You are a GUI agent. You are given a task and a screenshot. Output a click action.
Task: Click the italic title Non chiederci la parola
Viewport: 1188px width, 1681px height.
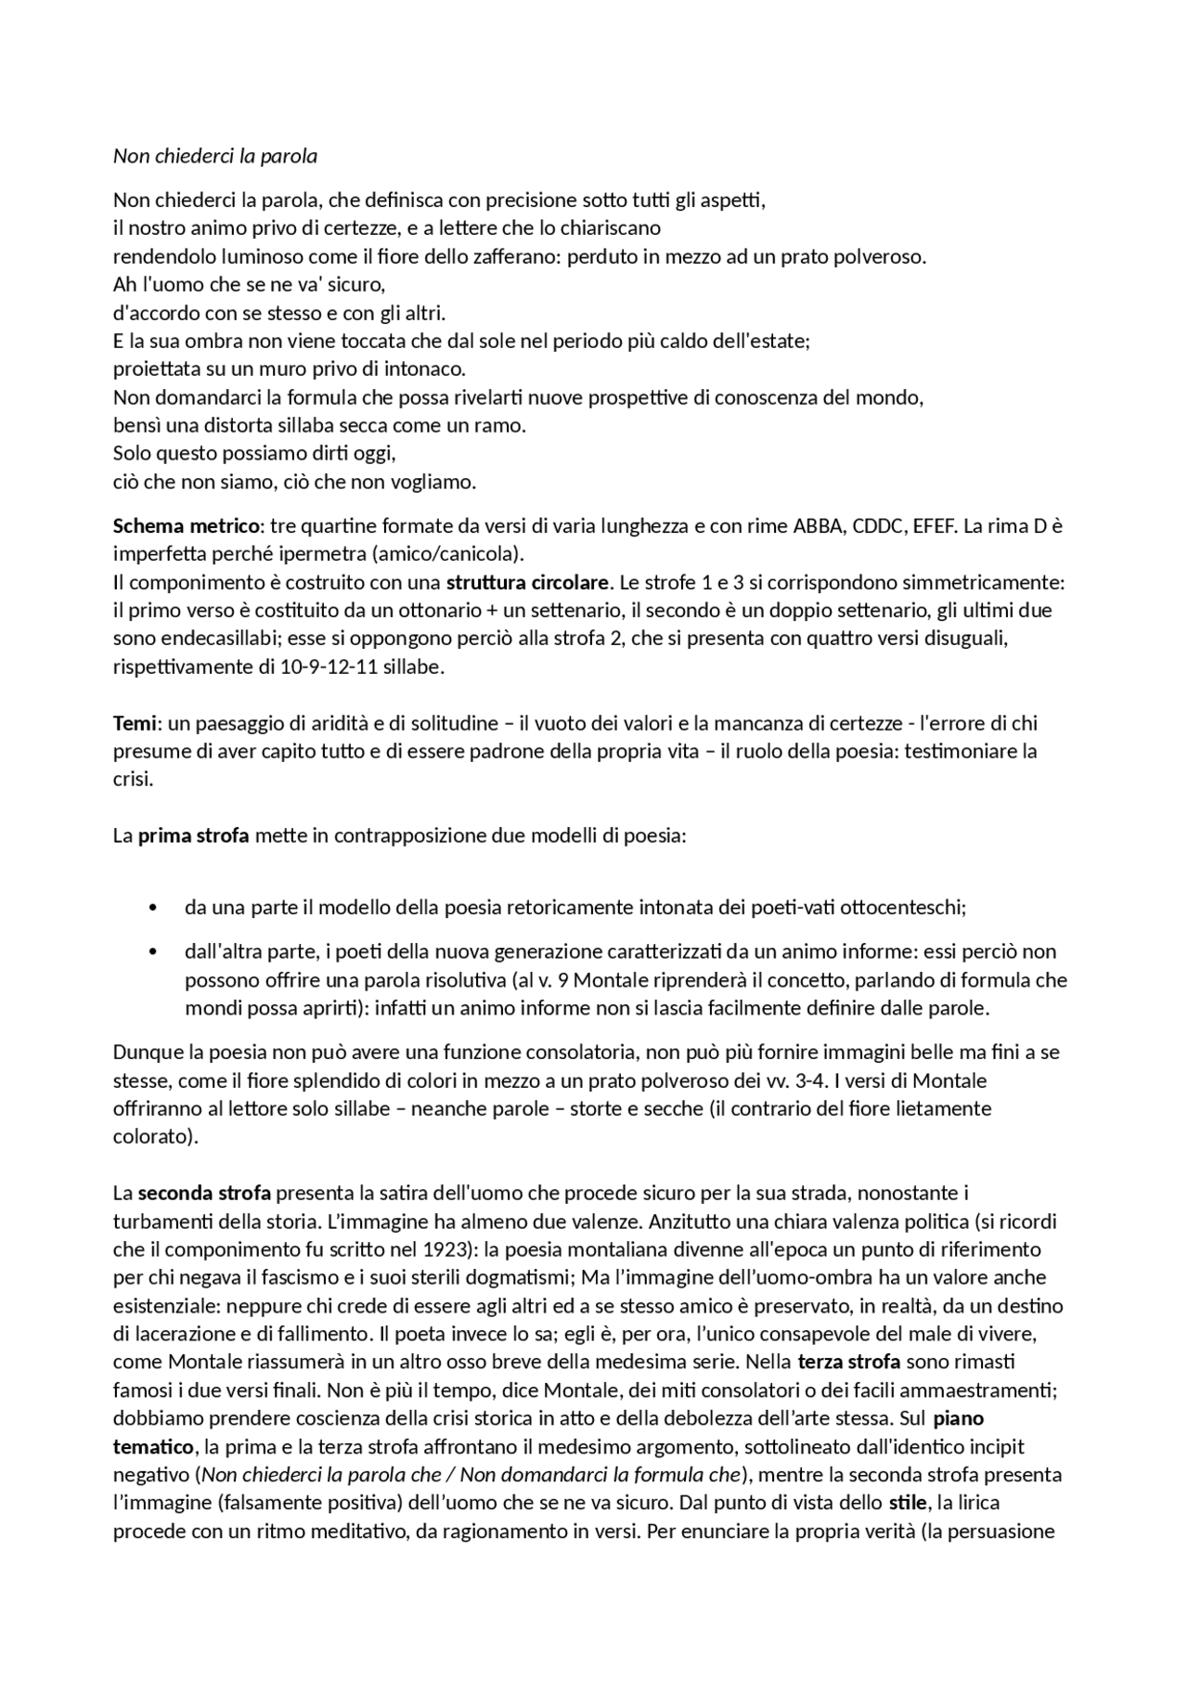point(214,156)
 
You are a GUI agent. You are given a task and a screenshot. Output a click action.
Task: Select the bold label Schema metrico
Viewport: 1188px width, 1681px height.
point(186,526)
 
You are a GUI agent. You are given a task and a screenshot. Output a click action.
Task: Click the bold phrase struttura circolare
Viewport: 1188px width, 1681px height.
point(527,583)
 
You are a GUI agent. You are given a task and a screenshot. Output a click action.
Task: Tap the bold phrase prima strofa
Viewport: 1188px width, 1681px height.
point(193,835)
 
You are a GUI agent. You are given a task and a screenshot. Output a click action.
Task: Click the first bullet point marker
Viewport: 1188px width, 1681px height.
point(152,908)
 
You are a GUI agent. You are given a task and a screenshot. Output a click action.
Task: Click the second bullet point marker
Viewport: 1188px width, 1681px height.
point(152,952)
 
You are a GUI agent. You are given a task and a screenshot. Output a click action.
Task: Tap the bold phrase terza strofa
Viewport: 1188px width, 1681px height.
point(848,1362)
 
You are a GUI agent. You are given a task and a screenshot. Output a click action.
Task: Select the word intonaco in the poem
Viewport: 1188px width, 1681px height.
point(431,369)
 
